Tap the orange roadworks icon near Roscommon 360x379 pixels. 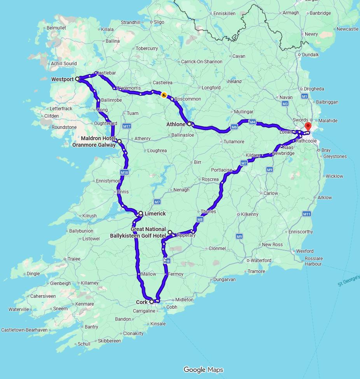164,95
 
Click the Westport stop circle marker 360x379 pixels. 77,79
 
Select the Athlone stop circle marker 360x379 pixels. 189,124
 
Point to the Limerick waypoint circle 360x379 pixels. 141,213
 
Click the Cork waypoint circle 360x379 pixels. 152,302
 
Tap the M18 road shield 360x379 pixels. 124,172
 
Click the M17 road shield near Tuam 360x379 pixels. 126,126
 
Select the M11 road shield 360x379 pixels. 306,214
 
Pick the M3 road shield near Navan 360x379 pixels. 285,104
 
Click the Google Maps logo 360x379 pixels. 203,370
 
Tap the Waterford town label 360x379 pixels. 261,260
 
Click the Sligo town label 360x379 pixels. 159,22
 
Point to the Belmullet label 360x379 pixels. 56,28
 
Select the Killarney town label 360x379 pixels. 90,283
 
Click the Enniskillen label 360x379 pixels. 224,14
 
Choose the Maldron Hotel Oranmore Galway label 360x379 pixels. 94,142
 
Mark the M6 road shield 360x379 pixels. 234,127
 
